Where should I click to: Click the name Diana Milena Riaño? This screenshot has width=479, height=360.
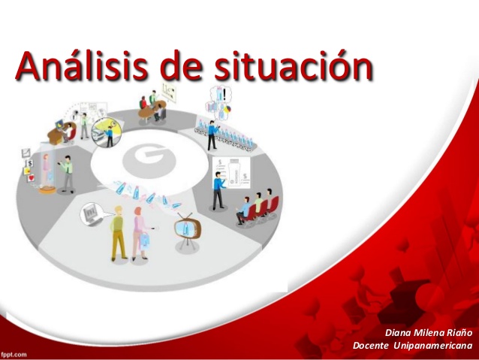coord(429,332)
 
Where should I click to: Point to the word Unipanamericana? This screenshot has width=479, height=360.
coord(433,346)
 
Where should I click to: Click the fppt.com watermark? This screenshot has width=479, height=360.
coord(14,355)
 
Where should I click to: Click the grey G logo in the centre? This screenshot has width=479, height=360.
coord(149,162)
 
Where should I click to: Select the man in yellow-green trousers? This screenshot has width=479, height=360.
coord(118,234)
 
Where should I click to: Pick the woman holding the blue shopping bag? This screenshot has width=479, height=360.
coord(141,234)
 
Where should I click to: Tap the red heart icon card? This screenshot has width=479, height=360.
coord(32,177)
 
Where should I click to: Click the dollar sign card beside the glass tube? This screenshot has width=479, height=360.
coord(30,163)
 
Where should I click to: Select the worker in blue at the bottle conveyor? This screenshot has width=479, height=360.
coord(212,135)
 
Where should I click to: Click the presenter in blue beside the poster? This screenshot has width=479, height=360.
coord(218,191)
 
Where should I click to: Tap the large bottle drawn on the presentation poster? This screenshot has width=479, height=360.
coord(234,173)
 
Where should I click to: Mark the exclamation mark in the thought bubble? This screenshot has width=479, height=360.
coord(225,94)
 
